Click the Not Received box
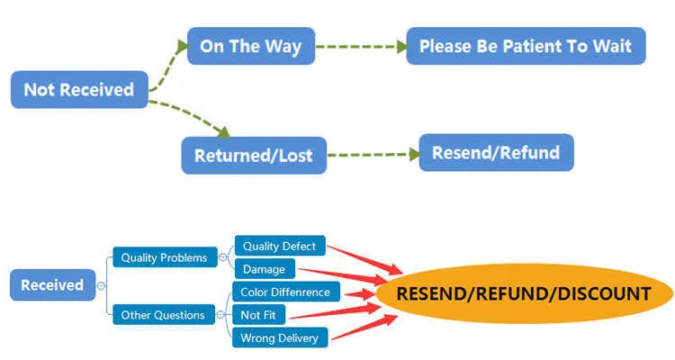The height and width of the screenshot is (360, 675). pyautogui.click(x=78, y=89)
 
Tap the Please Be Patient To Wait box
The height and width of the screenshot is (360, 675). pyautogui.click(x=526, y=46)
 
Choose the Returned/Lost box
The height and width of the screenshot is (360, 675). pyautogui.click(x=254, y=155)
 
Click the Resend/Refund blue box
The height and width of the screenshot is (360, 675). pyautogui.click(x=496, y=152)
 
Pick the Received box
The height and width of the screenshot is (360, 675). pyautogui.click(x=52, y=285)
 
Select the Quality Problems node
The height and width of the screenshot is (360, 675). pyautogui.click(x=165, y=257)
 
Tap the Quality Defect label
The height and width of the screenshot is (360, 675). pyautogui.click(x=279, y=246)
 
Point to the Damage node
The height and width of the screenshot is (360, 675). pyautogui.click(x=264, y=268)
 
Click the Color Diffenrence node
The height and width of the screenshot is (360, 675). pyautogui.click(x=285, y=292)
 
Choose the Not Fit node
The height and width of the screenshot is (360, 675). pyautogui.click(x=259, y=314)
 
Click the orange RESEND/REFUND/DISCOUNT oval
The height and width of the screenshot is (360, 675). pyautogui.click(x=524, y=293)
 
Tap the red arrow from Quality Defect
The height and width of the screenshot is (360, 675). pyautogui.click(x=364, y=256)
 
